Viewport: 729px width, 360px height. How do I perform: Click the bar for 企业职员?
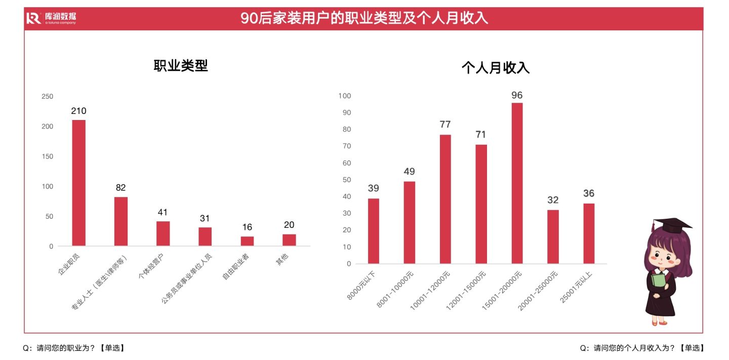point(78,183)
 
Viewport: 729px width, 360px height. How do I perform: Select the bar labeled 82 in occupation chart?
point(120,221)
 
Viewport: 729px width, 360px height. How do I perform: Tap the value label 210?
point(78,111)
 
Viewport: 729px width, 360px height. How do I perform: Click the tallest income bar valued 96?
point(517,183)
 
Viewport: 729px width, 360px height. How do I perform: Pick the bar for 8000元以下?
point(373,231)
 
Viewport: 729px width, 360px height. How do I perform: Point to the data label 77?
point(445,125)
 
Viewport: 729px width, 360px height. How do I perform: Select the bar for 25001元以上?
point(589,233)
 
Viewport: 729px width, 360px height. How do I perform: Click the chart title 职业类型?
point(181,66)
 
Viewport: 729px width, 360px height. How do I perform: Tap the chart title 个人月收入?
point(495,68)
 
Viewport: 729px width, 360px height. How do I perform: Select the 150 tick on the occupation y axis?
point(47,156)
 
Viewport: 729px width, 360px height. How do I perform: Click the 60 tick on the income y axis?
point(347,163)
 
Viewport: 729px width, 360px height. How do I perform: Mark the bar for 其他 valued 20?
point(289,240)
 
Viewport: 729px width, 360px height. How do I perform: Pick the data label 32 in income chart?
point(553,200)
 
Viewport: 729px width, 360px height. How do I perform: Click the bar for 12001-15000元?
point(481,204)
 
